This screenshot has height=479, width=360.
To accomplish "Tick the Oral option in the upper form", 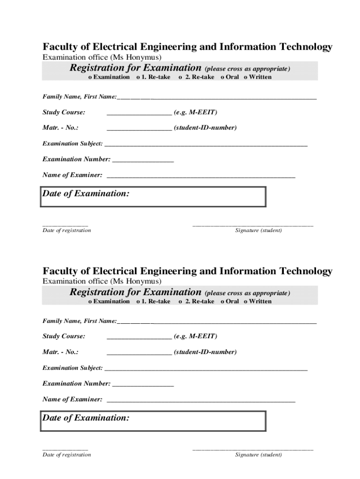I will coord(223,77).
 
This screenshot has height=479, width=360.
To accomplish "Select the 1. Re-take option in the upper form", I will coord(138,77).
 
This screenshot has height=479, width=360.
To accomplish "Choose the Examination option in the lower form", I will coord(91,302).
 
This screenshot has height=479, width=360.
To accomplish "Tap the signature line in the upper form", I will coord(252,226).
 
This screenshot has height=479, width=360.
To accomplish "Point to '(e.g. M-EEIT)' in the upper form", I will coord(195,113).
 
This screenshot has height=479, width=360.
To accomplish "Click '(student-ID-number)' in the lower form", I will coord(205,352).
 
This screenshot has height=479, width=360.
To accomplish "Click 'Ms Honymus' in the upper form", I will coord(136,58).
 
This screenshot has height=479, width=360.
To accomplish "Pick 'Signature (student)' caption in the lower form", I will coord(259,455).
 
